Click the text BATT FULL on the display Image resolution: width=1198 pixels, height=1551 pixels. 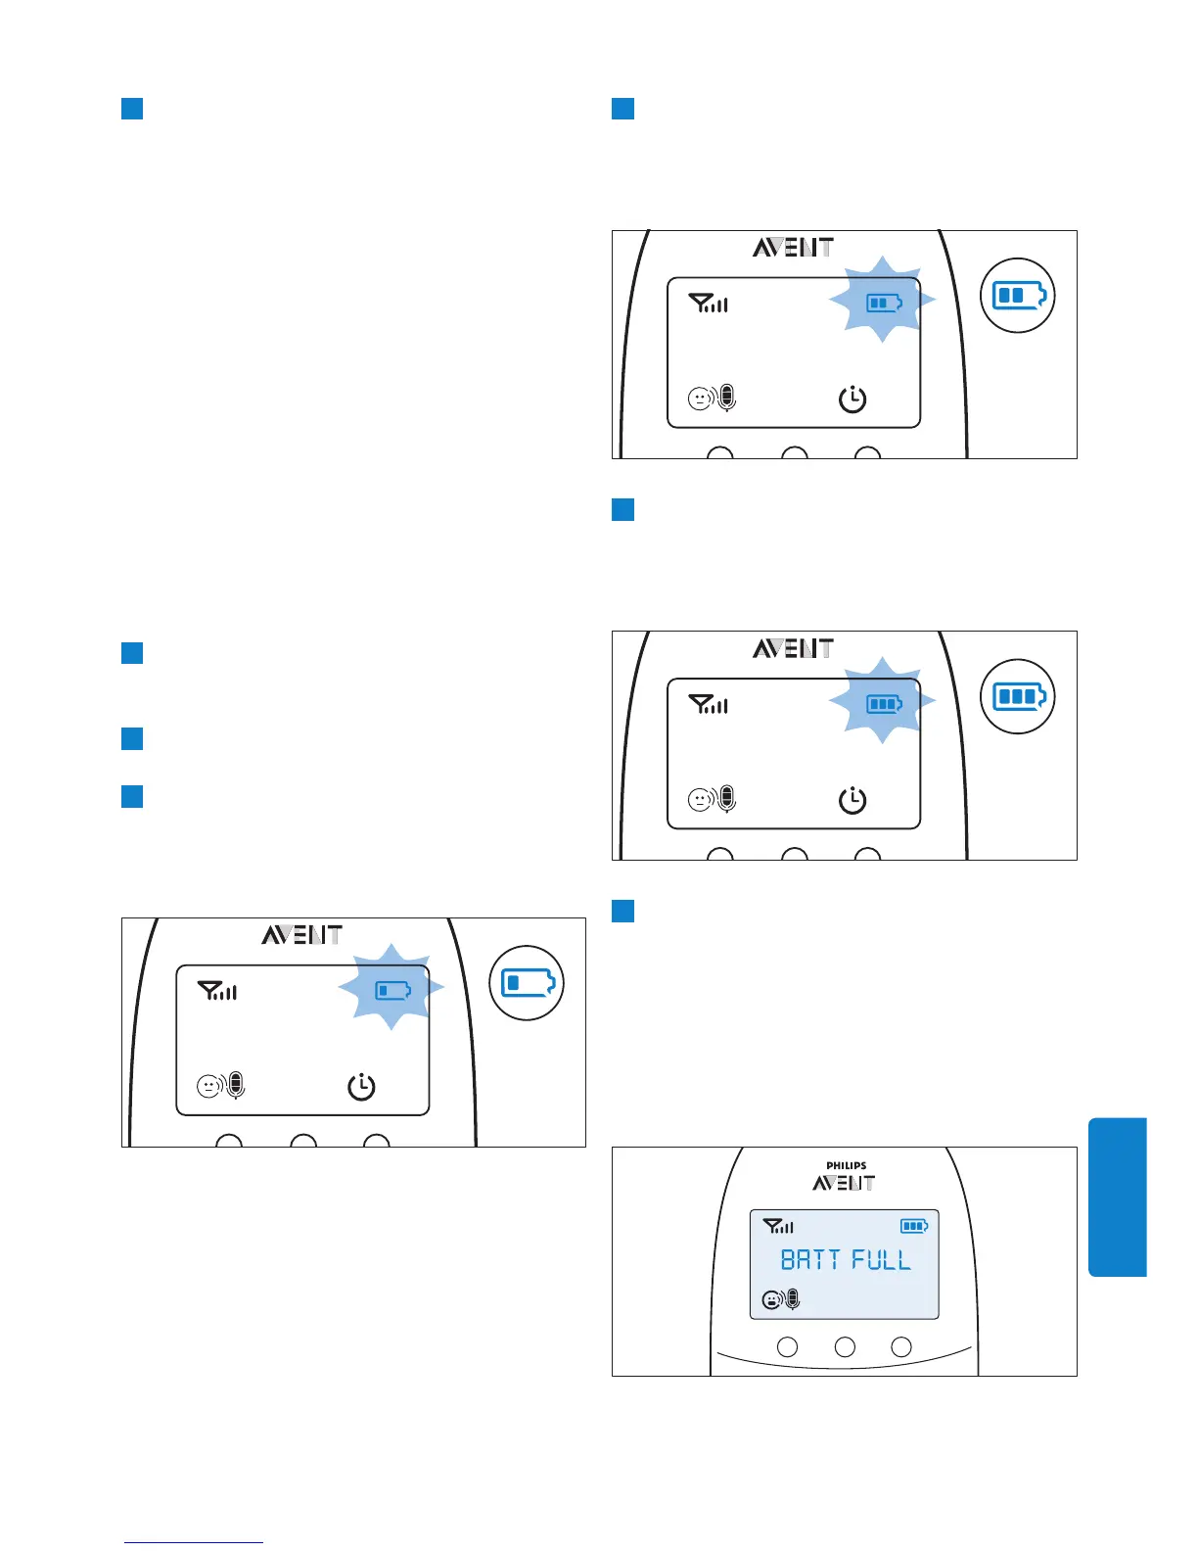pos(846,1259)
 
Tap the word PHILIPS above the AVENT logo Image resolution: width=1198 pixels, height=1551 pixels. pos(846,1166)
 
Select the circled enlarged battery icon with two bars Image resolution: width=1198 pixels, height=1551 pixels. pos(1019,295)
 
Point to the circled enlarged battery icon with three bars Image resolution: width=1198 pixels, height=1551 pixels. pos(1019,696)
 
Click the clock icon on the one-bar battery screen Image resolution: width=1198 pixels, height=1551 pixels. pos(362,1087)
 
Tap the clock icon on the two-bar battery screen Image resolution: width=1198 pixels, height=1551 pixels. pos(852,399)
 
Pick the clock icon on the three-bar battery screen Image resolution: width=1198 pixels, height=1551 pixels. pos(852,800)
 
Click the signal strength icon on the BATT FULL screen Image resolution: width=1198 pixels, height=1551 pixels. pos(778,1226)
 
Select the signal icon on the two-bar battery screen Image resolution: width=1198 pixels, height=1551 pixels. pos(709,304)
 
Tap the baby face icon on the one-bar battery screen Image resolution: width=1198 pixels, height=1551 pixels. pos(208,1086)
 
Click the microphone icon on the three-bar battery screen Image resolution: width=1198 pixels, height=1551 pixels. pos(726,799)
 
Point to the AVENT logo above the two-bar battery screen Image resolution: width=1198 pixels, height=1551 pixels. pos(793,248)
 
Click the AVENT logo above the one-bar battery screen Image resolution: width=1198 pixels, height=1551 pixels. pos(301,935)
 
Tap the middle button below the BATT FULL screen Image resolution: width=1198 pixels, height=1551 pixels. pos(845,1347)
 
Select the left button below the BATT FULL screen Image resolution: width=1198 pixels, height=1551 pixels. pos(787,1347)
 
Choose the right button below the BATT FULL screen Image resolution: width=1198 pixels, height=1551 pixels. pos(901,1347)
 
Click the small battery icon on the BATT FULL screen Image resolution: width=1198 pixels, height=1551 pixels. pos(914,1226)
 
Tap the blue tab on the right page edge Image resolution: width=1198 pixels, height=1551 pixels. pos(1117,1197)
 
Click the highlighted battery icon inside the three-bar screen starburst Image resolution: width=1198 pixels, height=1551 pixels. pos(884,704)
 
